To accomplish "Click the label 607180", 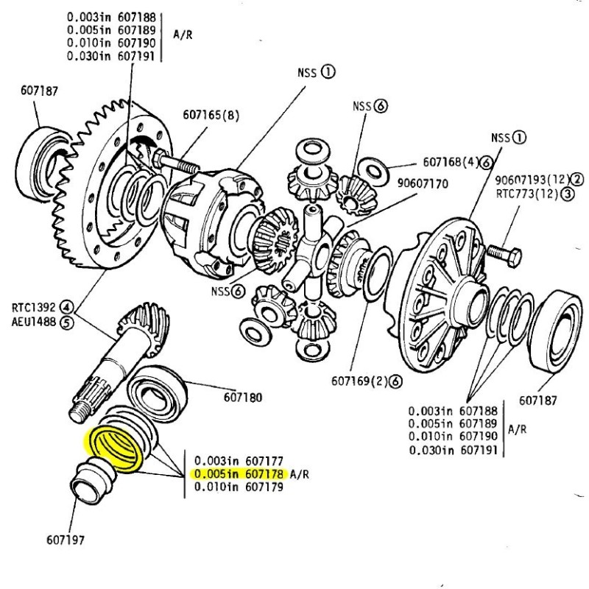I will [x=243, y=397].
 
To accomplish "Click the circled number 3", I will [x=576, y=194].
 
